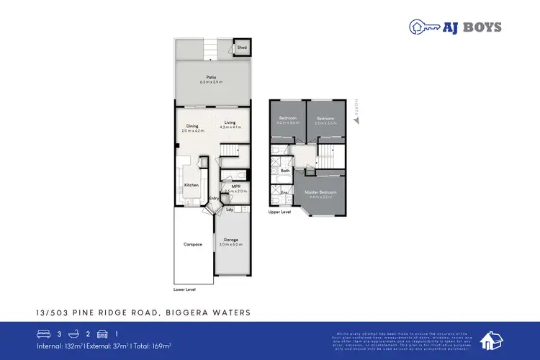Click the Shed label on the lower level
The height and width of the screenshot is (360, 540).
(x=242, y=48)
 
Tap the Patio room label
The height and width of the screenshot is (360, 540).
(x=212, y=78)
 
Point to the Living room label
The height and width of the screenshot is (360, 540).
(x=230, y=123)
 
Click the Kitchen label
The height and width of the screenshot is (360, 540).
(x=192, y=185)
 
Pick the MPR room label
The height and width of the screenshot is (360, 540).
(x=235, y=187)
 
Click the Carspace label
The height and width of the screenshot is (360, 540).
(x=193, y=245)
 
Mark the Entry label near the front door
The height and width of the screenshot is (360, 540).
(x=214, y=198)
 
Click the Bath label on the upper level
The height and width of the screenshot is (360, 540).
(x=285, y=171)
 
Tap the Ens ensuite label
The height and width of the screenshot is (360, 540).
(x=284, y=193)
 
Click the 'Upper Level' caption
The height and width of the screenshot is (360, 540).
(x=280, y=213)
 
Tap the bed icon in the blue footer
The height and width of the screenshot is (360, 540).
(x=43, y=333)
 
